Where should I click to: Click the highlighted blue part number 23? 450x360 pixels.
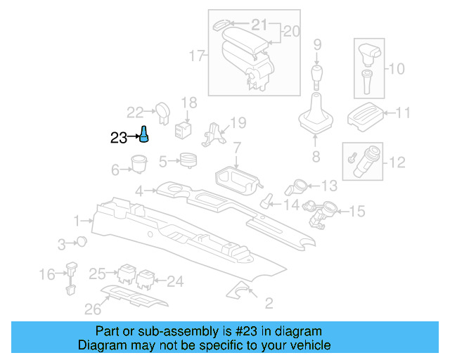(143, 134)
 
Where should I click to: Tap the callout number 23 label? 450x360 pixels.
(119, 138)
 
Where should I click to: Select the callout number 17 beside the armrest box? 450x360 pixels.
(198, 54)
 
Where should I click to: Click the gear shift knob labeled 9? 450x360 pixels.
(317, 75)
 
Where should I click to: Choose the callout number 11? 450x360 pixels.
(404, 112)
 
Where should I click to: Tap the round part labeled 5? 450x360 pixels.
(188, 161)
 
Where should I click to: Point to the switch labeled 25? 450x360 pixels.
(127, 273)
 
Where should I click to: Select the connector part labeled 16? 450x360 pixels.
(71, 277)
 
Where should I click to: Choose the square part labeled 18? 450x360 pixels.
(184, 128)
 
